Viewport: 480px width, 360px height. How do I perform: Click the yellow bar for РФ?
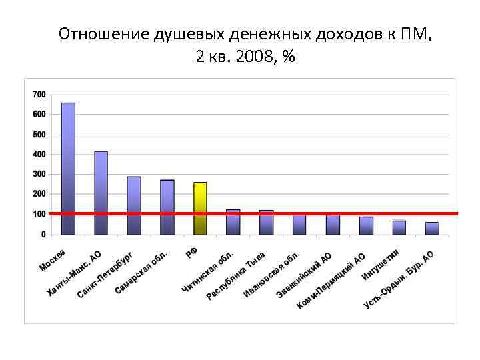200,208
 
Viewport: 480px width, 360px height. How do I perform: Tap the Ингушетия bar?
399,227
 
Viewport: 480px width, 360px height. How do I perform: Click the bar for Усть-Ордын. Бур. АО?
432,228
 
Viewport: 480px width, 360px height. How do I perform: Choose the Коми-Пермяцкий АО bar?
366,225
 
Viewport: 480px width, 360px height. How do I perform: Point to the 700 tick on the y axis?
39,95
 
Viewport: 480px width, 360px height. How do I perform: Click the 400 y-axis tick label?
39,155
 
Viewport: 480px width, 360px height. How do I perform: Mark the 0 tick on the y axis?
43,235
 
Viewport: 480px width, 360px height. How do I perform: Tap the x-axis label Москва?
52,261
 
